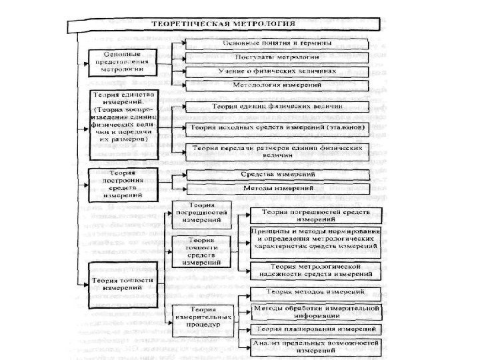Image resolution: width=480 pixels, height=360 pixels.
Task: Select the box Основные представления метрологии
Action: point(121,60)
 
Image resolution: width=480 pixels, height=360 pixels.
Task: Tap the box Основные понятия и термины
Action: point(275,43)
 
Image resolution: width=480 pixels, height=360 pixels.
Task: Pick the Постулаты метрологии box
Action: point(275,57)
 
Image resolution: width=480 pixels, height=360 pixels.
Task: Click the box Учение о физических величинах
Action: point(275,71)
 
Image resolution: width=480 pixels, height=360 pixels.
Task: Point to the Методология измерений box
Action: point(275,85)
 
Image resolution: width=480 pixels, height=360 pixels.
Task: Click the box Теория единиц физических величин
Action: point(275,107)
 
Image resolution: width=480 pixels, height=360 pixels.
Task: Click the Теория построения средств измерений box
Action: point(121,184)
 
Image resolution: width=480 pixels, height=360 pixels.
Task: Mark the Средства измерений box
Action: point(275,175)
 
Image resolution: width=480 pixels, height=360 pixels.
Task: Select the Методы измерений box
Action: point(275,189)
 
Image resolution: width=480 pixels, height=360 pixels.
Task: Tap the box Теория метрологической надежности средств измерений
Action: point(315,270)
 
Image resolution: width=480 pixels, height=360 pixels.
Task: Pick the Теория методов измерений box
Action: point(315,293)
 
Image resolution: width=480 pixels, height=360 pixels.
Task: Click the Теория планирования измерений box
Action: point(315,330)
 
